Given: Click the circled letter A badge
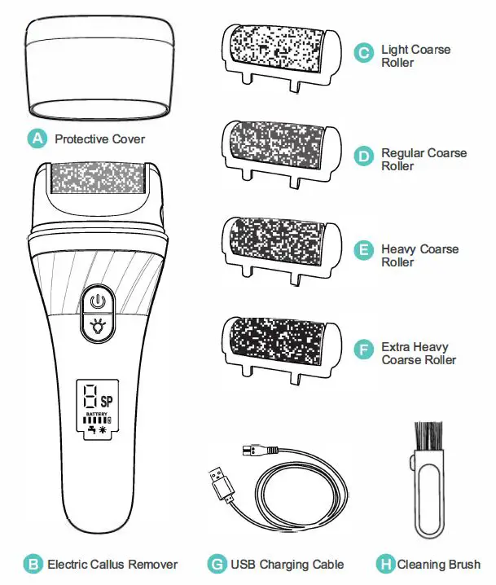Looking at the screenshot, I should click(x=36, y=139).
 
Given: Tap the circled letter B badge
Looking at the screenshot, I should click(x=32, y=564).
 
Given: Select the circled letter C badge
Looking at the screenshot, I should click(x=362, y=54).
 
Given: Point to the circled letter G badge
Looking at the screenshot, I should click(x=216, y=564).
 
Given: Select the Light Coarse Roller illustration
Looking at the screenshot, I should click(x=279, y=48).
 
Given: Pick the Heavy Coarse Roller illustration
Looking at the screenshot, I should click(x=279, y=241).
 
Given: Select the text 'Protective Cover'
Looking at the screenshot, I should click(x=99, y=139).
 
